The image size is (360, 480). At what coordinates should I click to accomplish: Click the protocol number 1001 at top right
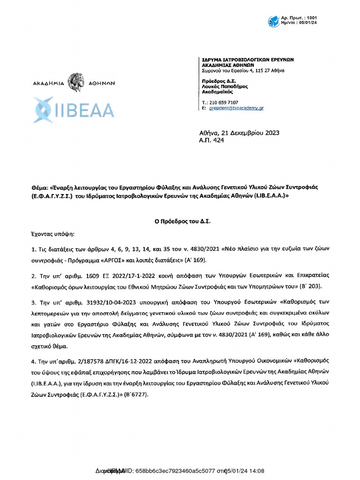coord(312,17)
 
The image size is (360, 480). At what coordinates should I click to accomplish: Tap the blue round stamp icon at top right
coord(273,21)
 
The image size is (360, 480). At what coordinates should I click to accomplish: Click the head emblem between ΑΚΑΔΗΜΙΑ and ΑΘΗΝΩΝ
coord(75,82)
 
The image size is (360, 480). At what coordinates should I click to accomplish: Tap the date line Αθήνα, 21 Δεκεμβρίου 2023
coord(239,133)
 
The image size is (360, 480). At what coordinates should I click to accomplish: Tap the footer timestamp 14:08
coord(256,471)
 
